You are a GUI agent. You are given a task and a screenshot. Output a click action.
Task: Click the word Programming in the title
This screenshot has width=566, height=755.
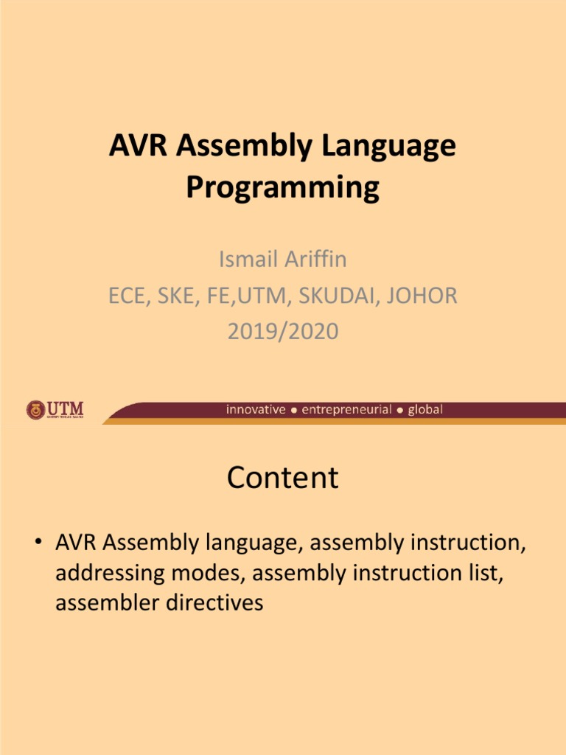(282, 187)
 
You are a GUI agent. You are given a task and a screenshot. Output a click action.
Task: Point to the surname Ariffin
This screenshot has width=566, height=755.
(317, 260)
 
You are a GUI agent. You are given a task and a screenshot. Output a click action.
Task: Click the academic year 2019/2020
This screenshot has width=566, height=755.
(283, 332)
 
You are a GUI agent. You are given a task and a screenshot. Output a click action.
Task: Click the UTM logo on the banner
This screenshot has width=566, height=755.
(55, 410)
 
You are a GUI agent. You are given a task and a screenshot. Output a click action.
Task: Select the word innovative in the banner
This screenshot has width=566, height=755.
(255, 410)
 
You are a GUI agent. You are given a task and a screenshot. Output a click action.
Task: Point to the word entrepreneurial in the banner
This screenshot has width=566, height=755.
(346, 410)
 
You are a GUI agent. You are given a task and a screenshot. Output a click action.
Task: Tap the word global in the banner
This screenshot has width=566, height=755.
(425, 410)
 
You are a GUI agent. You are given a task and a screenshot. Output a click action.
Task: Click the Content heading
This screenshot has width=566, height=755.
(283, 478)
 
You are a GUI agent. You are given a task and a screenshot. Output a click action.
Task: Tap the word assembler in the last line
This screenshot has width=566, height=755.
(103, 602)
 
